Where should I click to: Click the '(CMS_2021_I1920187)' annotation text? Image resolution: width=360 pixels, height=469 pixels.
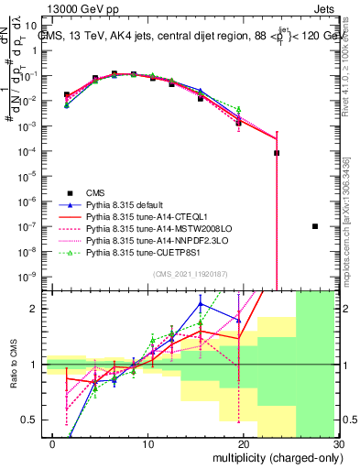pyautogui.click(x=190, y=272)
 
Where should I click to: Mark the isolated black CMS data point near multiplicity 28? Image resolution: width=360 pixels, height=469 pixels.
pyautogui.click(x=315, y=226)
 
